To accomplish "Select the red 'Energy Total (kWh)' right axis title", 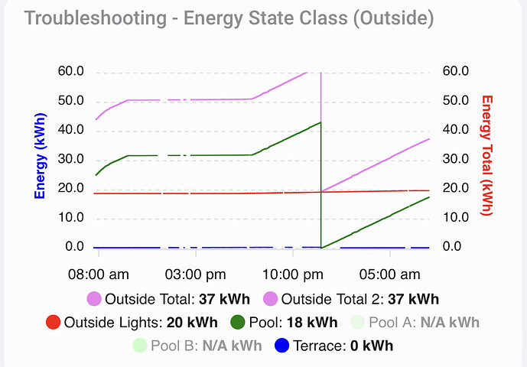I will (487, 155).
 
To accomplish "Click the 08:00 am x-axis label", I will (99, 274).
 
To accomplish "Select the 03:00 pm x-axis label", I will (196, 274).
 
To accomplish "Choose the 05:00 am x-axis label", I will (391, 274).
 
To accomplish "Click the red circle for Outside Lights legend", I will (54, 322).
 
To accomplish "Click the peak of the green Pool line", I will (320, 122).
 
